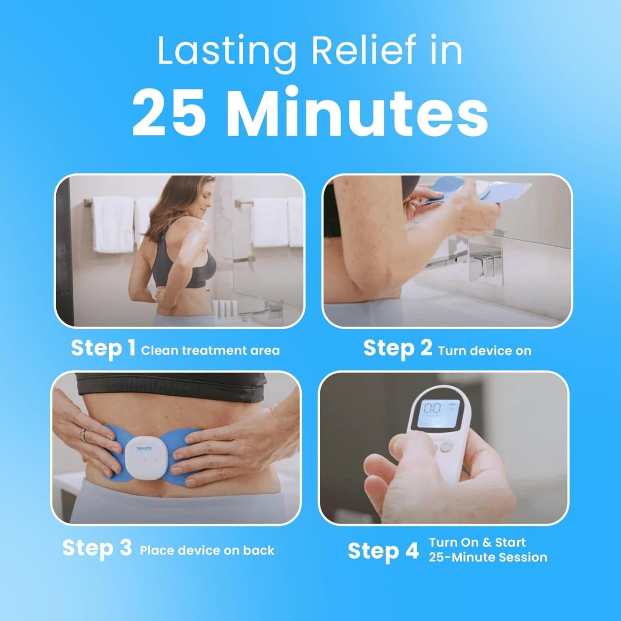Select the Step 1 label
pos(103,348)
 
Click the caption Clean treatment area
pos(210,351)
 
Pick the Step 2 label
pos(398,348)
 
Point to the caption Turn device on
pos(484,351)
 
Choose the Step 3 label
pos(97,548)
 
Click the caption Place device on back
pos(207,551)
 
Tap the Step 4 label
pos(383,551)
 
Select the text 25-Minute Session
pos(488,557)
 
